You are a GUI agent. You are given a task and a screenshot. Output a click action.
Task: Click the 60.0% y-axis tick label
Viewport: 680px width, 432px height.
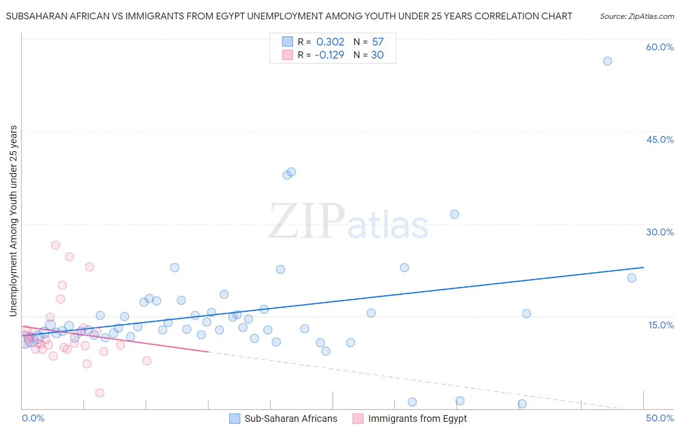pos(660,47)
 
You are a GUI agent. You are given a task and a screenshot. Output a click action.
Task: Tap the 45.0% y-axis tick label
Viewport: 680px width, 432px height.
pos(660,139)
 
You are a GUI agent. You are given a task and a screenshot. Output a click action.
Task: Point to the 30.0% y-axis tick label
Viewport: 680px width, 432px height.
pos(660,232)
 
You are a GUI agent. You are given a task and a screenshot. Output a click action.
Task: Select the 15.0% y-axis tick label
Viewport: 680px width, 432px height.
pos(661,325)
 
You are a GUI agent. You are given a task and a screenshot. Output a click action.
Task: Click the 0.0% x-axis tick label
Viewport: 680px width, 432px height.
pos(33,418)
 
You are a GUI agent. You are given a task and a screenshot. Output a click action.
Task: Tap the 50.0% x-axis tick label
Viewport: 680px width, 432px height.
pos(660,418)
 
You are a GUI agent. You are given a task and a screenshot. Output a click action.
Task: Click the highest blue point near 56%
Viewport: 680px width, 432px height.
pos(607,61)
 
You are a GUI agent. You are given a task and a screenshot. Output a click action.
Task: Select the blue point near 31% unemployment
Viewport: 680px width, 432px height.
pos(455,214)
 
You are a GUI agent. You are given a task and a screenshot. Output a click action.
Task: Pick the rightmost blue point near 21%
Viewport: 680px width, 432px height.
pos(632,278)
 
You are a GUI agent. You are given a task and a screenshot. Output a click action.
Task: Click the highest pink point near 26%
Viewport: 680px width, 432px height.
pos(56,245)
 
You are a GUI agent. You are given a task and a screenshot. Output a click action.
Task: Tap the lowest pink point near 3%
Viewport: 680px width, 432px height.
pos(100,393)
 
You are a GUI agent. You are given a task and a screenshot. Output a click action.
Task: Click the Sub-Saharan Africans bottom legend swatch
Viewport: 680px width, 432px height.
pos(235,418)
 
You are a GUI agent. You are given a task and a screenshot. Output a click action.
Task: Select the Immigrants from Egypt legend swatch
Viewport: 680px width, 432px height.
pos(358,418)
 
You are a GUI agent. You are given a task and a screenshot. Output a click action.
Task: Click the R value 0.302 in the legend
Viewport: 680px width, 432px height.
pos(330,42)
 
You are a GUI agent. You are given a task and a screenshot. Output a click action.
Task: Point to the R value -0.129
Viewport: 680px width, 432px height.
pos(329,55)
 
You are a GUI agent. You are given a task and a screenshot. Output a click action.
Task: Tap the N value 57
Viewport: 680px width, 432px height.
pos(378,42)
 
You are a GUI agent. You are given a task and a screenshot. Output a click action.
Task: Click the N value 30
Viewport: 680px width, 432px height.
pos(377,55)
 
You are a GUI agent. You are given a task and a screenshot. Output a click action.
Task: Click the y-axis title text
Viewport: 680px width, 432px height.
pos(13,221)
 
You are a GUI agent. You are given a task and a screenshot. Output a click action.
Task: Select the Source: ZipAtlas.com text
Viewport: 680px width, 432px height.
pos(636,16)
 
